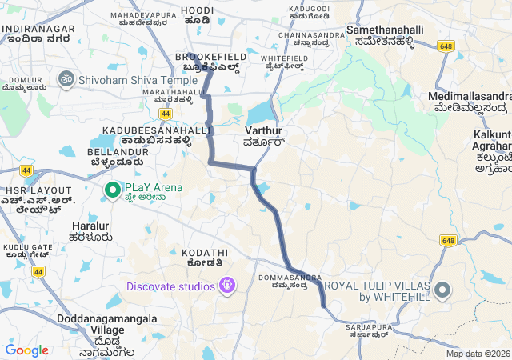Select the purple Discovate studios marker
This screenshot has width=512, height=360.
[x=227, y=286]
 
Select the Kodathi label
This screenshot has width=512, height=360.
[x=194, y=253]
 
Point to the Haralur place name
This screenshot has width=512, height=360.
[x=90, y=226]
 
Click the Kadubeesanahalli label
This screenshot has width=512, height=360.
[x=155, y=130]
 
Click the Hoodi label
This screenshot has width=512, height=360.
[x=196, y=10]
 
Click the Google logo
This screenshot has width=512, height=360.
[x=26, y=350]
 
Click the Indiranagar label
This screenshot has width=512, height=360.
[x=38, y=29]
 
